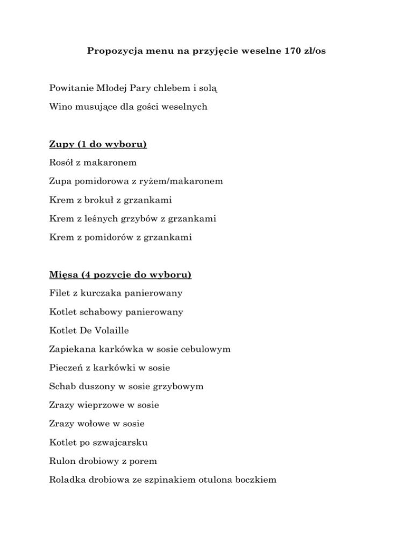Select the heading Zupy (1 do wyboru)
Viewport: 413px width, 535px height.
click(98, 144)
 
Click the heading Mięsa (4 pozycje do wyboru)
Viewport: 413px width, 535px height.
click(120, 274)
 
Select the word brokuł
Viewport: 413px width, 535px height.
click(102, 200)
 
